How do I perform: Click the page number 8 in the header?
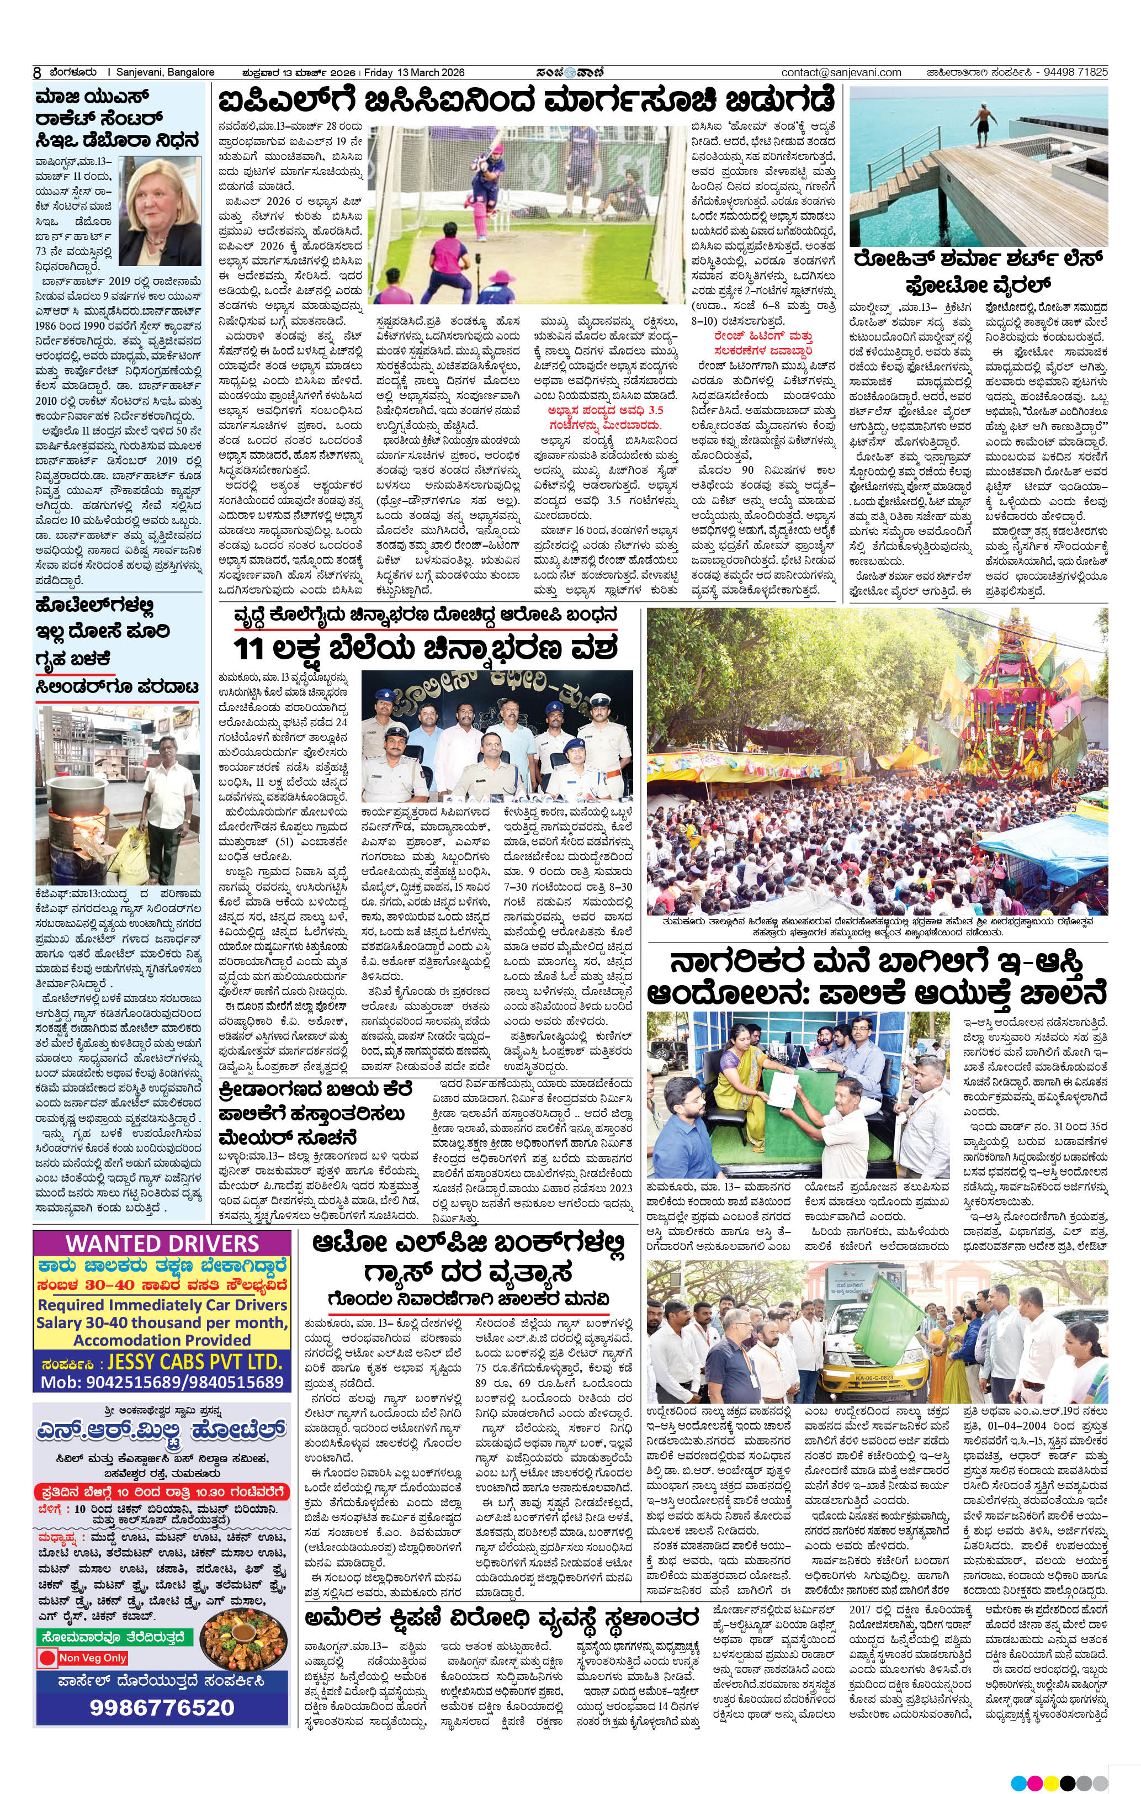coord(36,73)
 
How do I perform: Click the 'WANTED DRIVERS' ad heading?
coord(162,1243)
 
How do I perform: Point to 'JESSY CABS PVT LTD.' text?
coord(194,1362)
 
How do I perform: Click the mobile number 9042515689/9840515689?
coord(162,1382)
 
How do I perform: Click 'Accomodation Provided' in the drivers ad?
coord(162,1340)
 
